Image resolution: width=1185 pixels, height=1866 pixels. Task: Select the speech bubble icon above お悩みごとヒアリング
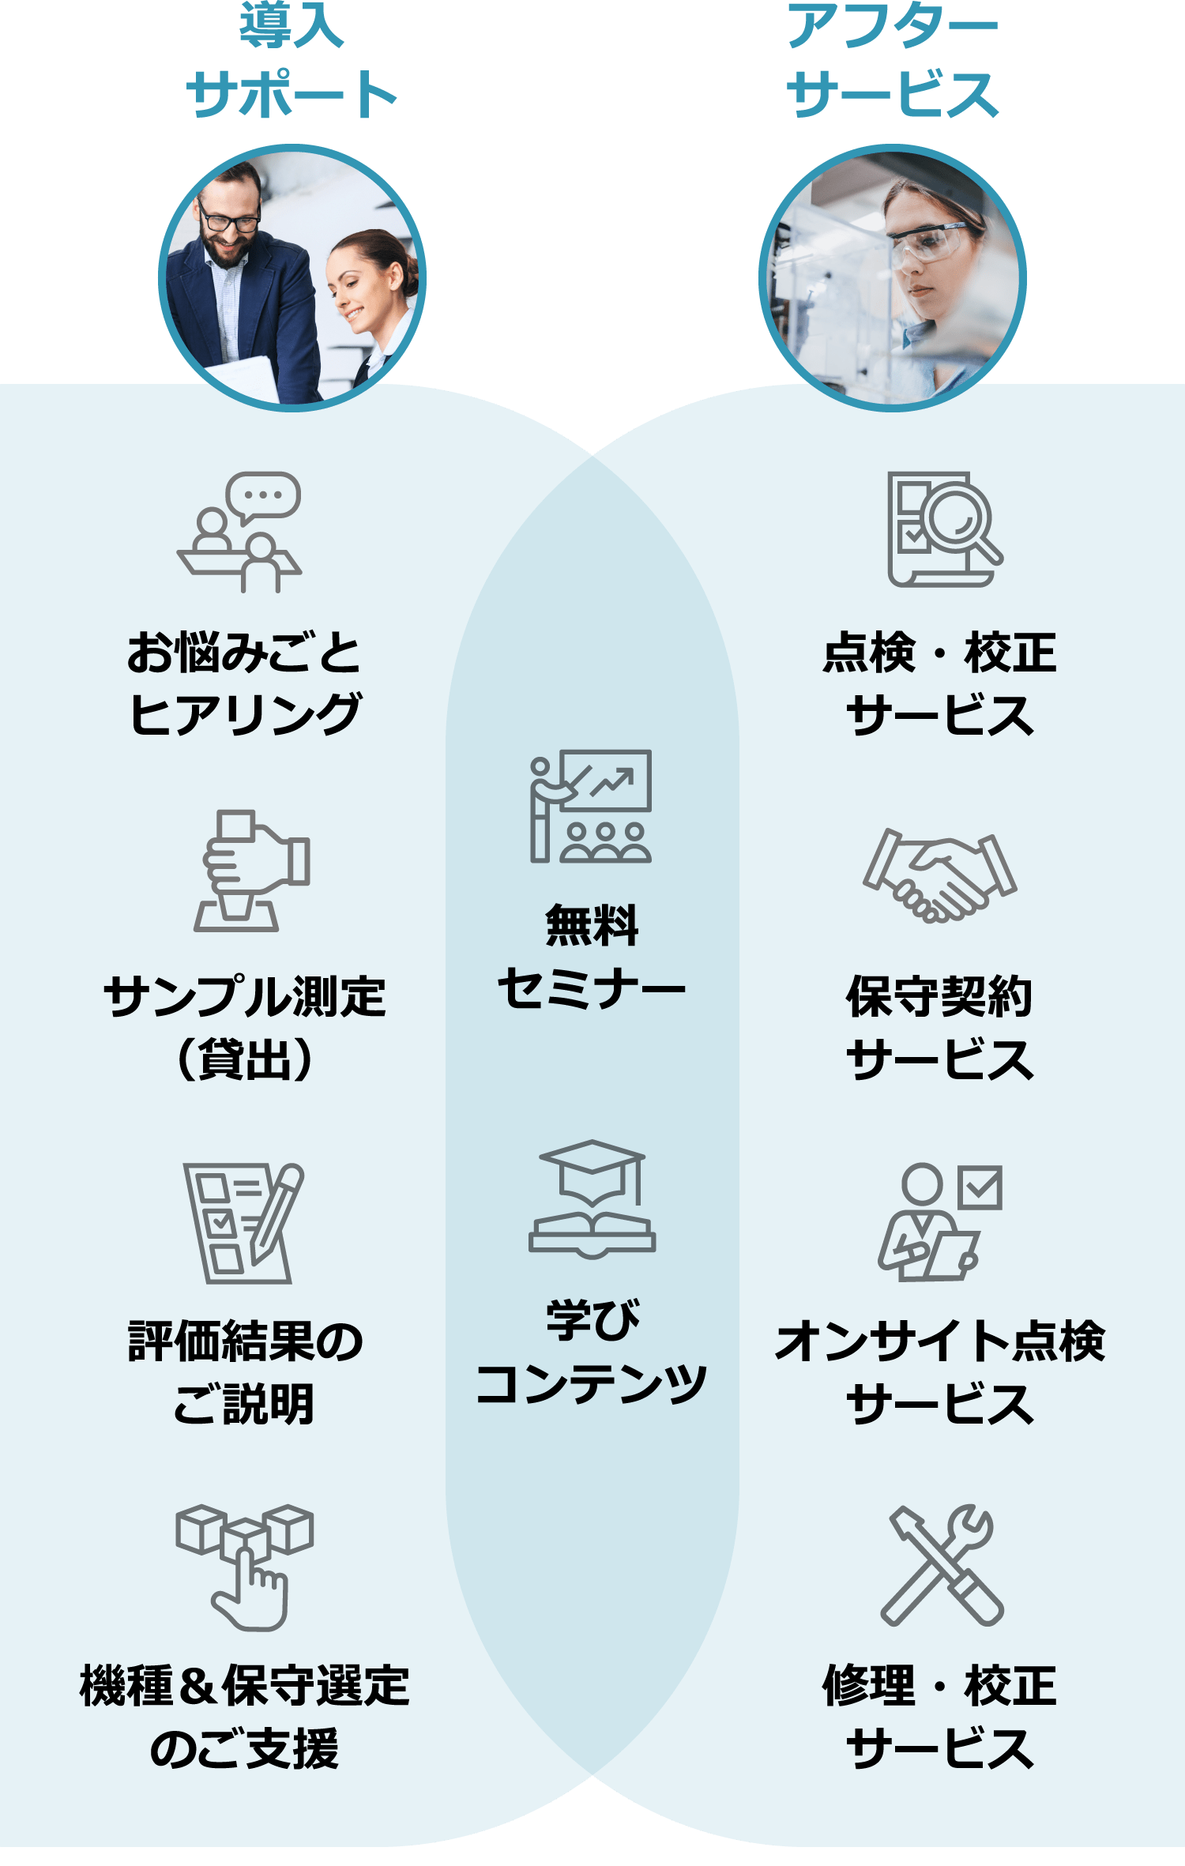[263, 496]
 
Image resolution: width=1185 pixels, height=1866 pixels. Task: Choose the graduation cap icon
[592, 1169]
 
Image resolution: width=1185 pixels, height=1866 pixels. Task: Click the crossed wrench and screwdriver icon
[941, 1563]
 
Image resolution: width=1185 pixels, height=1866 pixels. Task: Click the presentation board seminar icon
[591, 806]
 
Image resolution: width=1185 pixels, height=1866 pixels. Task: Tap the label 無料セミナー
[591, 957]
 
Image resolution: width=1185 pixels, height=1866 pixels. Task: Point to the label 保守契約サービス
[939, 1028]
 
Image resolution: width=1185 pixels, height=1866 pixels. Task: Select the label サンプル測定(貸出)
[245, 1028]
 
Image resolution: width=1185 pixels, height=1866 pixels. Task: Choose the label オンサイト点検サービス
[939, 1372]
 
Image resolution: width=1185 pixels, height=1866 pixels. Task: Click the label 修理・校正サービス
[939, 1717]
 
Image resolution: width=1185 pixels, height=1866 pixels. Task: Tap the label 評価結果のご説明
[245, 1372]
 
